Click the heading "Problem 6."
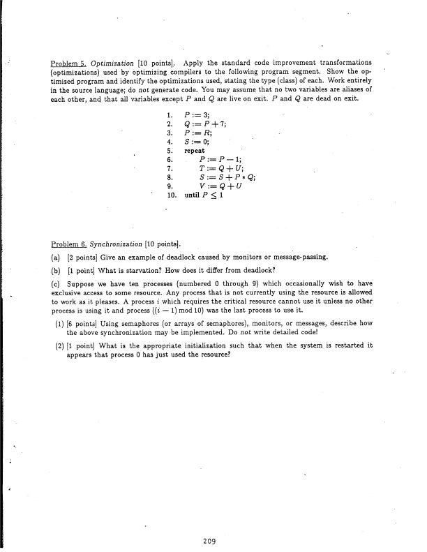(x=68, y=244)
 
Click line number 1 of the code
(x=170, y=114)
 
